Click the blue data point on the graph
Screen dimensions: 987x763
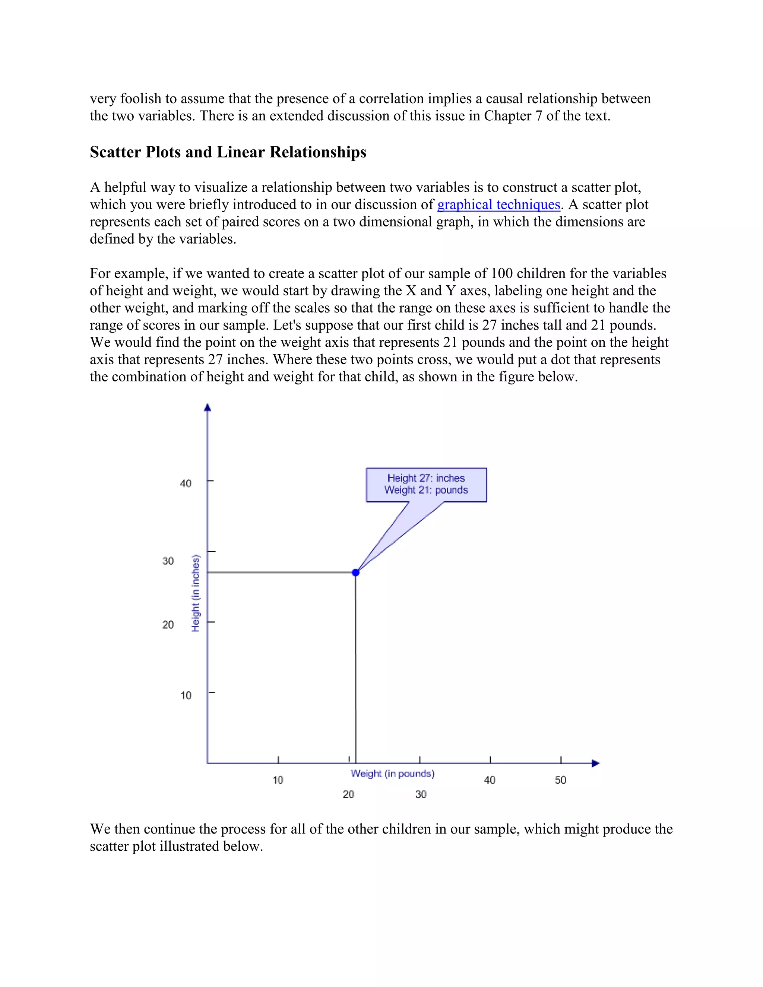pos(356,572)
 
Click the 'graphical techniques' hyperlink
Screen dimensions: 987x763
pos(498,205)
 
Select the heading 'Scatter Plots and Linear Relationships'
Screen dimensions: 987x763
pos(228,152)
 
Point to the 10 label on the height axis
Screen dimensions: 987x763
pos(186,695)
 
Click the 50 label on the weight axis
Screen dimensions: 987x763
pos(560,780)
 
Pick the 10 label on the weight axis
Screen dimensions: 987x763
pos(278,780)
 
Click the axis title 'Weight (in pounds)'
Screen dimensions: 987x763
pos(392,774)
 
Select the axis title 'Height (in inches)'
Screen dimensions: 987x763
pos(196,593)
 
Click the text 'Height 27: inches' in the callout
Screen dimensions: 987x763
pos(426,478)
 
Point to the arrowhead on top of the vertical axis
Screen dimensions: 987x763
pos(208,407)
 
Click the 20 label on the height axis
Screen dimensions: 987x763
pos(168,625)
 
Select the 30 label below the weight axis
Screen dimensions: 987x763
pos(421,794)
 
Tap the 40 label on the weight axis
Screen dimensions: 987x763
pos(490,780)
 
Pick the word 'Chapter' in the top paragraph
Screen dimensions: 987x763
pos(508,116)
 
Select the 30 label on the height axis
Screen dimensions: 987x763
pos(168,561)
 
